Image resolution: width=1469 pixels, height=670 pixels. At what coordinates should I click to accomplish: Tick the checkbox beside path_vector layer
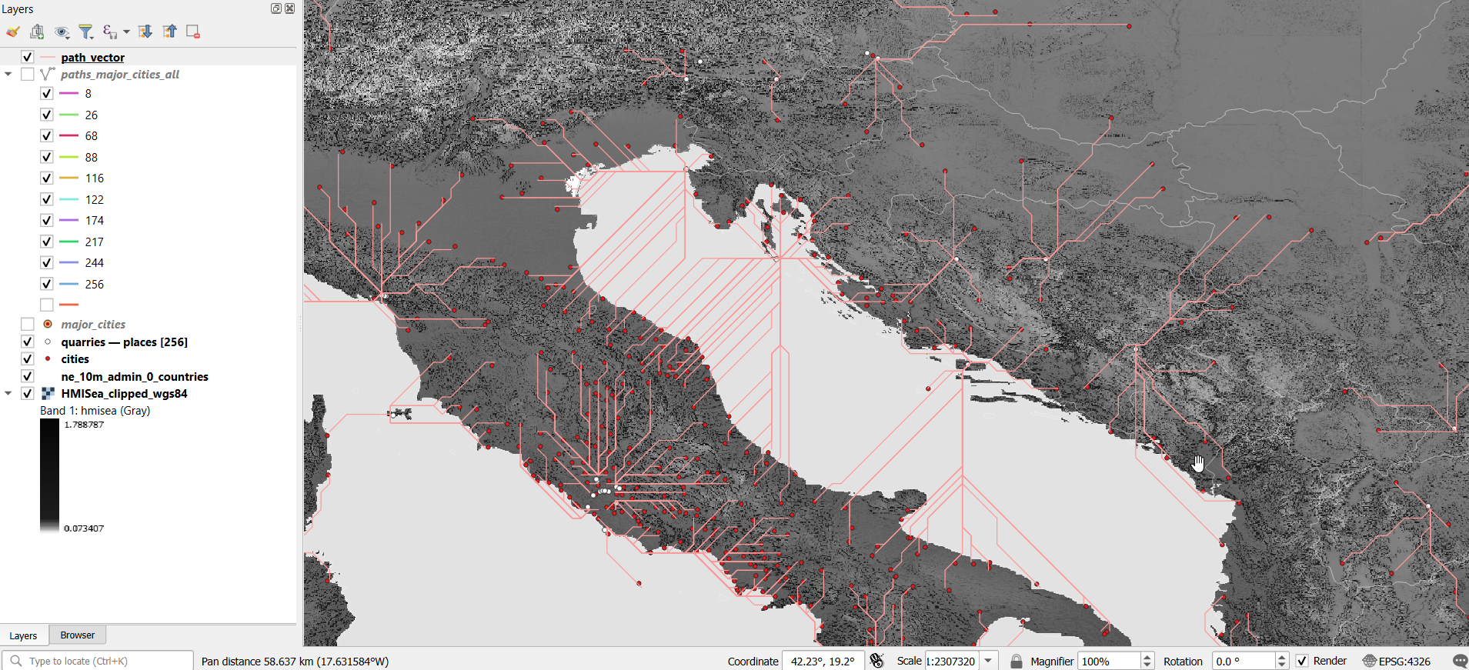[28, 57]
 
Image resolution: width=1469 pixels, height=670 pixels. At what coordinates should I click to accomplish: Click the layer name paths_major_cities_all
[120, 75]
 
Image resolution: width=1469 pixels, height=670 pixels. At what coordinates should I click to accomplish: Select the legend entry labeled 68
[91, 136]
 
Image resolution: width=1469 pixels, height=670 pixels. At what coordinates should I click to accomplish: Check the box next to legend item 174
[47, 221]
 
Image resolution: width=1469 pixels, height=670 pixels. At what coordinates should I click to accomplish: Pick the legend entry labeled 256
[94, 285]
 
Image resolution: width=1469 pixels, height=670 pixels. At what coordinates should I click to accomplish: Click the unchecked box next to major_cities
[28, 325]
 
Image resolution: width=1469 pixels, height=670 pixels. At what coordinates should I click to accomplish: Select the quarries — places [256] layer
[124, 342]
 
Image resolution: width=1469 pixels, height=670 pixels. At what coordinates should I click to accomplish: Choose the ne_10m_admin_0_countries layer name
[135, 377]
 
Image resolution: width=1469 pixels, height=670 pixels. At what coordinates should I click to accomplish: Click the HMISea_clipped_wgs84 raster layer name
[124, 394]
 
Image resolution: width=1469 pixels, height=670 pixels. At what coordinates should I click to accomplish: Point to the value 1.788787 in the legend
[84, 425]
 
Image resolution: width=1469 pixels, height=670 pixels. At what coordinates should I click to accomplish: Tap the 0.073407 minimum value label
[84, 528]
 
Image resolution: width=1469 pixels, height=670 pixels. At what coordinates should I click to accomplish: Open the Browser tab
[77, 635]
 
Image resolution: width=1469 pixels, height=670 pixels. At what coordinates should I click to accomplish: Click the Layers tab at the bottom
[23, 636]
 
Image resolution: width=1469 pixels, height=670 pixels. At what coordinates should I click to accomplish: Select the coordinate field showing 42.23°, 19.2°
[822, 662]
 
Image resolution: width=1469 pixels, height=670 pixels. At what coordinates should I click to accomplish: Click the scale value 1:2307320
[951, 662]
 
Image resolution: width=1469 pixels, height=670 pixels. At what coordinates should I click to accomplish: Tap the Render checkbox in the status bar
[1302, 662]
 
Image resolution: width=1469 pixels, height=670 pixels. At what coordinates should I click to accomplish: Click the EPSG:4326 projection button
[1397, 662]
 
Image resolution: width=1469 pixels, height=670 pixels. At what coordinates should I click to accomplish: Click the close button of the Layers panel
[289, 8]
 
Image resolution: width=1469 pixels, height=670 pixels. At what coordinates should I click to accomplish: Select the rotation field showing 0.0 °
[1242, 662]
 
